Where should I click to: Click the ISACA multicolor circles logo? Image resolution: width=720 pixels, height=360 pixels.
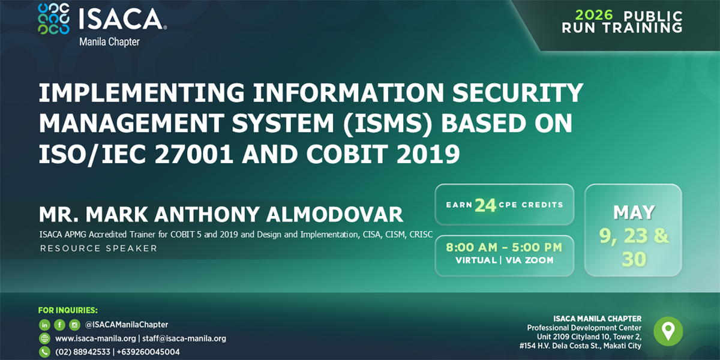pos(53,19)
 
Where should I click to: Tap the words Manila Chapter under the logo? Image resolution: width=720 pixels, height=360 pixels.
pos(110,42)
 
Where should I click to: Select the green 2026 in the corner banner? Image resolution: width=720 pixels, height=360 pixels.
pos(594,15)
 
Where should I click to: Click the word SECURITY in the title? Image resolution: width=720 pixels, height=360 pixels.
pos(517,92)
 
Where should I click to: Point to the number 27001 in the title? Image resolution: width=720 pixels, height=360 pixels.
pos(194,154)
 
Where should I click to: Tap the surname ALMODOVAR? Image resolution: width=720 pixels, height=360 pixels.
pos(335,214)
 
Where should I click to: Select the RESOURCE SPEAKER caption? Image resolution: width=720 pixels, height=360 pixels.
pos(98,248)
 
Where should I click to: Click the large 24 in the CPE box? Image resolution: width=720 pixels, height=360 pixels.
pos(485,205)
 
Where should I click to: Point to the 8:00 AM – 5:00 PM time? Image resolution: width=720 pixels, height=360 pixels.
pos(504,247)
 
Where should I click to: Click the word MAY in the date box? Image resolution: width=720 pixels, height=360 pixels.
pos(634,212)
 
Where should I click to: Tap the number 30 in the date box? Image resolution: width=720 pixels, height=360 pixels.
pos(634,259)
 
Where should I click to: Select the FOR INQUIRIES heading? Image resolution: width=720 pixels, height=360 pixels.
pos(68,310)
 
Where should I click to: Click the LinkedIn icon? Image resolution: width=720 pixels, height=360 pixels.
pos(44,325)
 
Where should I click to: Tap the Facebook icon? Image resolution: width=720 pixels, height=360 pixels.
pos(59,325)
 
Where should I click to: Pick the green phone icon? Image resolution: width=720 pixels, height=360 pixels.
pos(44,352)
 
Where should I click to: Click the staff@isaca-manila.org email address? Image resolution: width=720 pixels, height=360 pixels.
pos(184,338)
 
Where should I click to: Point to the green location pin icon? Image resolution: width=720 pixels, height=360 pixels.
pos(668,331)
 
